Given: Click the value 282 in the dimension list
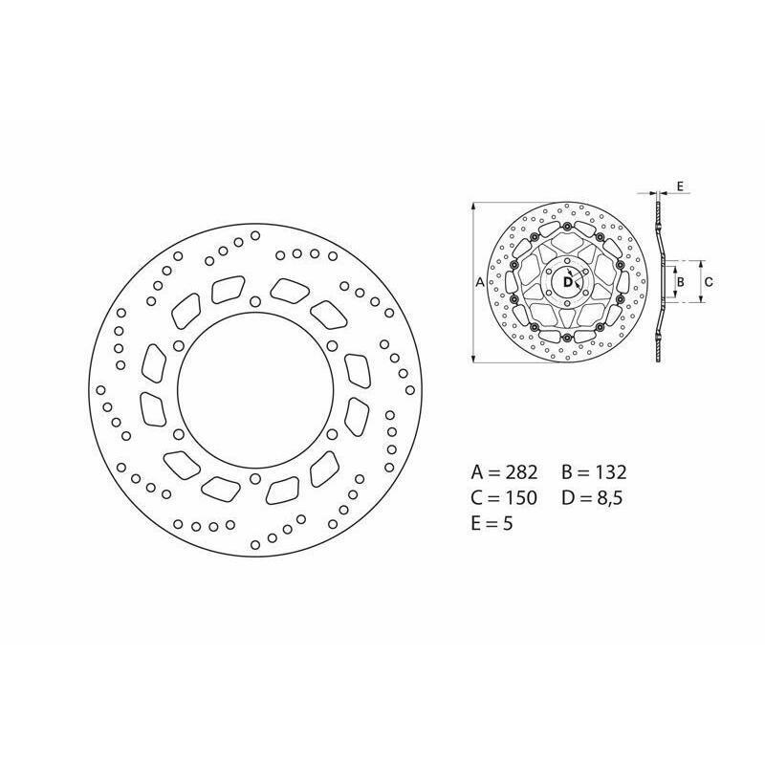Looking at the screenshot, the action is coord(520,472).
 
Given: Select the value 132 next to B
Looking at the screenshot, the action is coord(610,472).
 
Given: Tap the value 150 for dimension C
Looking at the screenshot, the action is coord(520,497).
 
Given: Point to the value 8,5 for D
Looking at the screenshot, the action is coord(609,498).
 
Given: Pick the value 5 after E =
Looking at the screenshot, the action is coord(508,523).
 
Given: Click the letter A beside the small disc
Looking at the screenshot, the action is coord(480,282).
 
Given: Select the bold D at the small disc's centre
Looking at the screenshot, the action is coord(567,282).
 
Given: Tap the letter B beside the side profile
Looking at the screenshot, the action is coord(681,282).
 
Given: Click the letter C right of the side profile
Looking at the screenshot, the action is coord(709,282).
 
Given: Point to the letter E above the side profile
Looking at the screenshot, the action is coord(681,186).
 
